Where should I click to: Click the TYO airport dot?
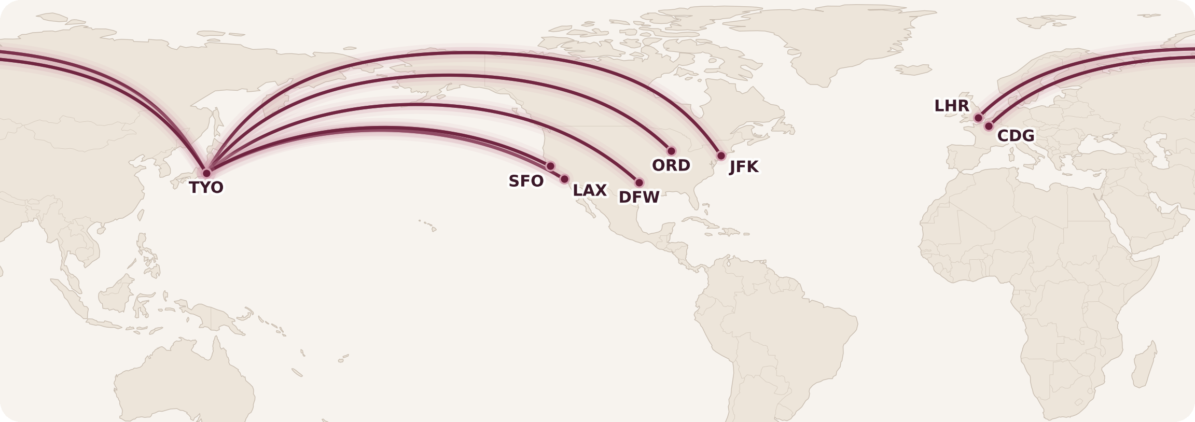point(206,173)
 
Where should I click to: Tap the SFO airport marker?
point(550,166)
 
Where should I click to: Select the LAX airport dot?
point(564,179)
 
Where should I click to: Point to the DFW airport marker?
point(639,182)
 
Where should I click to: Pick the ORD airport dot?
point(671,151)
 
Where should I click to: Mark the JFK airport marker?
point(721,156)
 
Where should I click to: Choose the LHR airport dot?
point(978,118)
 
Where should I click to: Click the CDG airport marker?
point(989,126)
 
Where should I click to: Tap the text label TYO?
point(206,188)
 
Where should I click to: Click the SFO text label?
point(526,181)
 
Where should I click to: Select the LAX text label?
point(590,191)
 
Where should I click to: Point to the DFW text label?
point(639,198)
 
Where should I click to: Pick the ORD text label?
point(671,166)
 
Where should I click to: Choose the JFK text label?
point(744,167)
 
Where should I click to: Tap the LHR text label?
point(952,106)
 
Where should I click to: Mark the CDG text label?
point(1016,136)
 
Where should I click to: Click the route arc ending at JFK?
point(467,53)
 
